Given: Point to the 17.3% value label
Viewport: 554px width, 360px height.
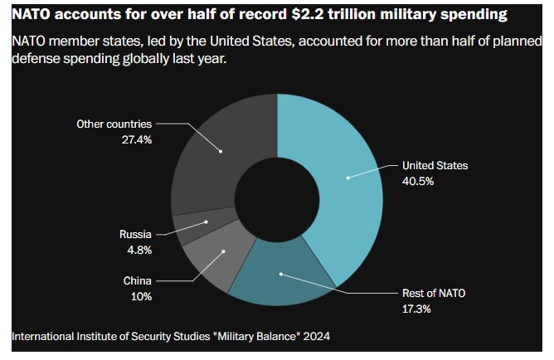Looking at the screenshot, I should click(417, 309).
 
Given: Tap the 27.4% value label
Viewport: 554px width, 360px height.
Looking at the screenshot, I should click(136, 139).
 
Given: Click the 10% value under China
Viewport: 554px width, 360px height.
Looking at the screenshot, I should click(140, 297).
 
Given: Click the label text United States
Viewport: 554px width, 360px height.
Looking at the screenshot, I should click(435, 165).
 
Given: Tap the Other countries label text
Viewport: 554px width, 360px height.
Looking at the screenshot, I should click(114, 124).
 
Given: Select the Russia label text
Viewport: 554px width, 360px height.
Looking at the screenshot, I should click(135, 235).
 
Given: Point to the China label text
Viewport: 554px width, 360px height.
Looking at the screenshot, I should click(137, 281).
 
